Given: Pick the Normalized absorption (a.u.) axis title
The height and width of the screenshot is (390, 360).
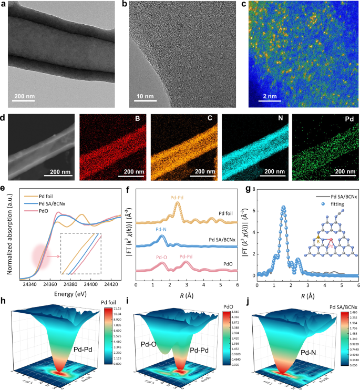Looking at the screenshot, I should click(x=5, y=234).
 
